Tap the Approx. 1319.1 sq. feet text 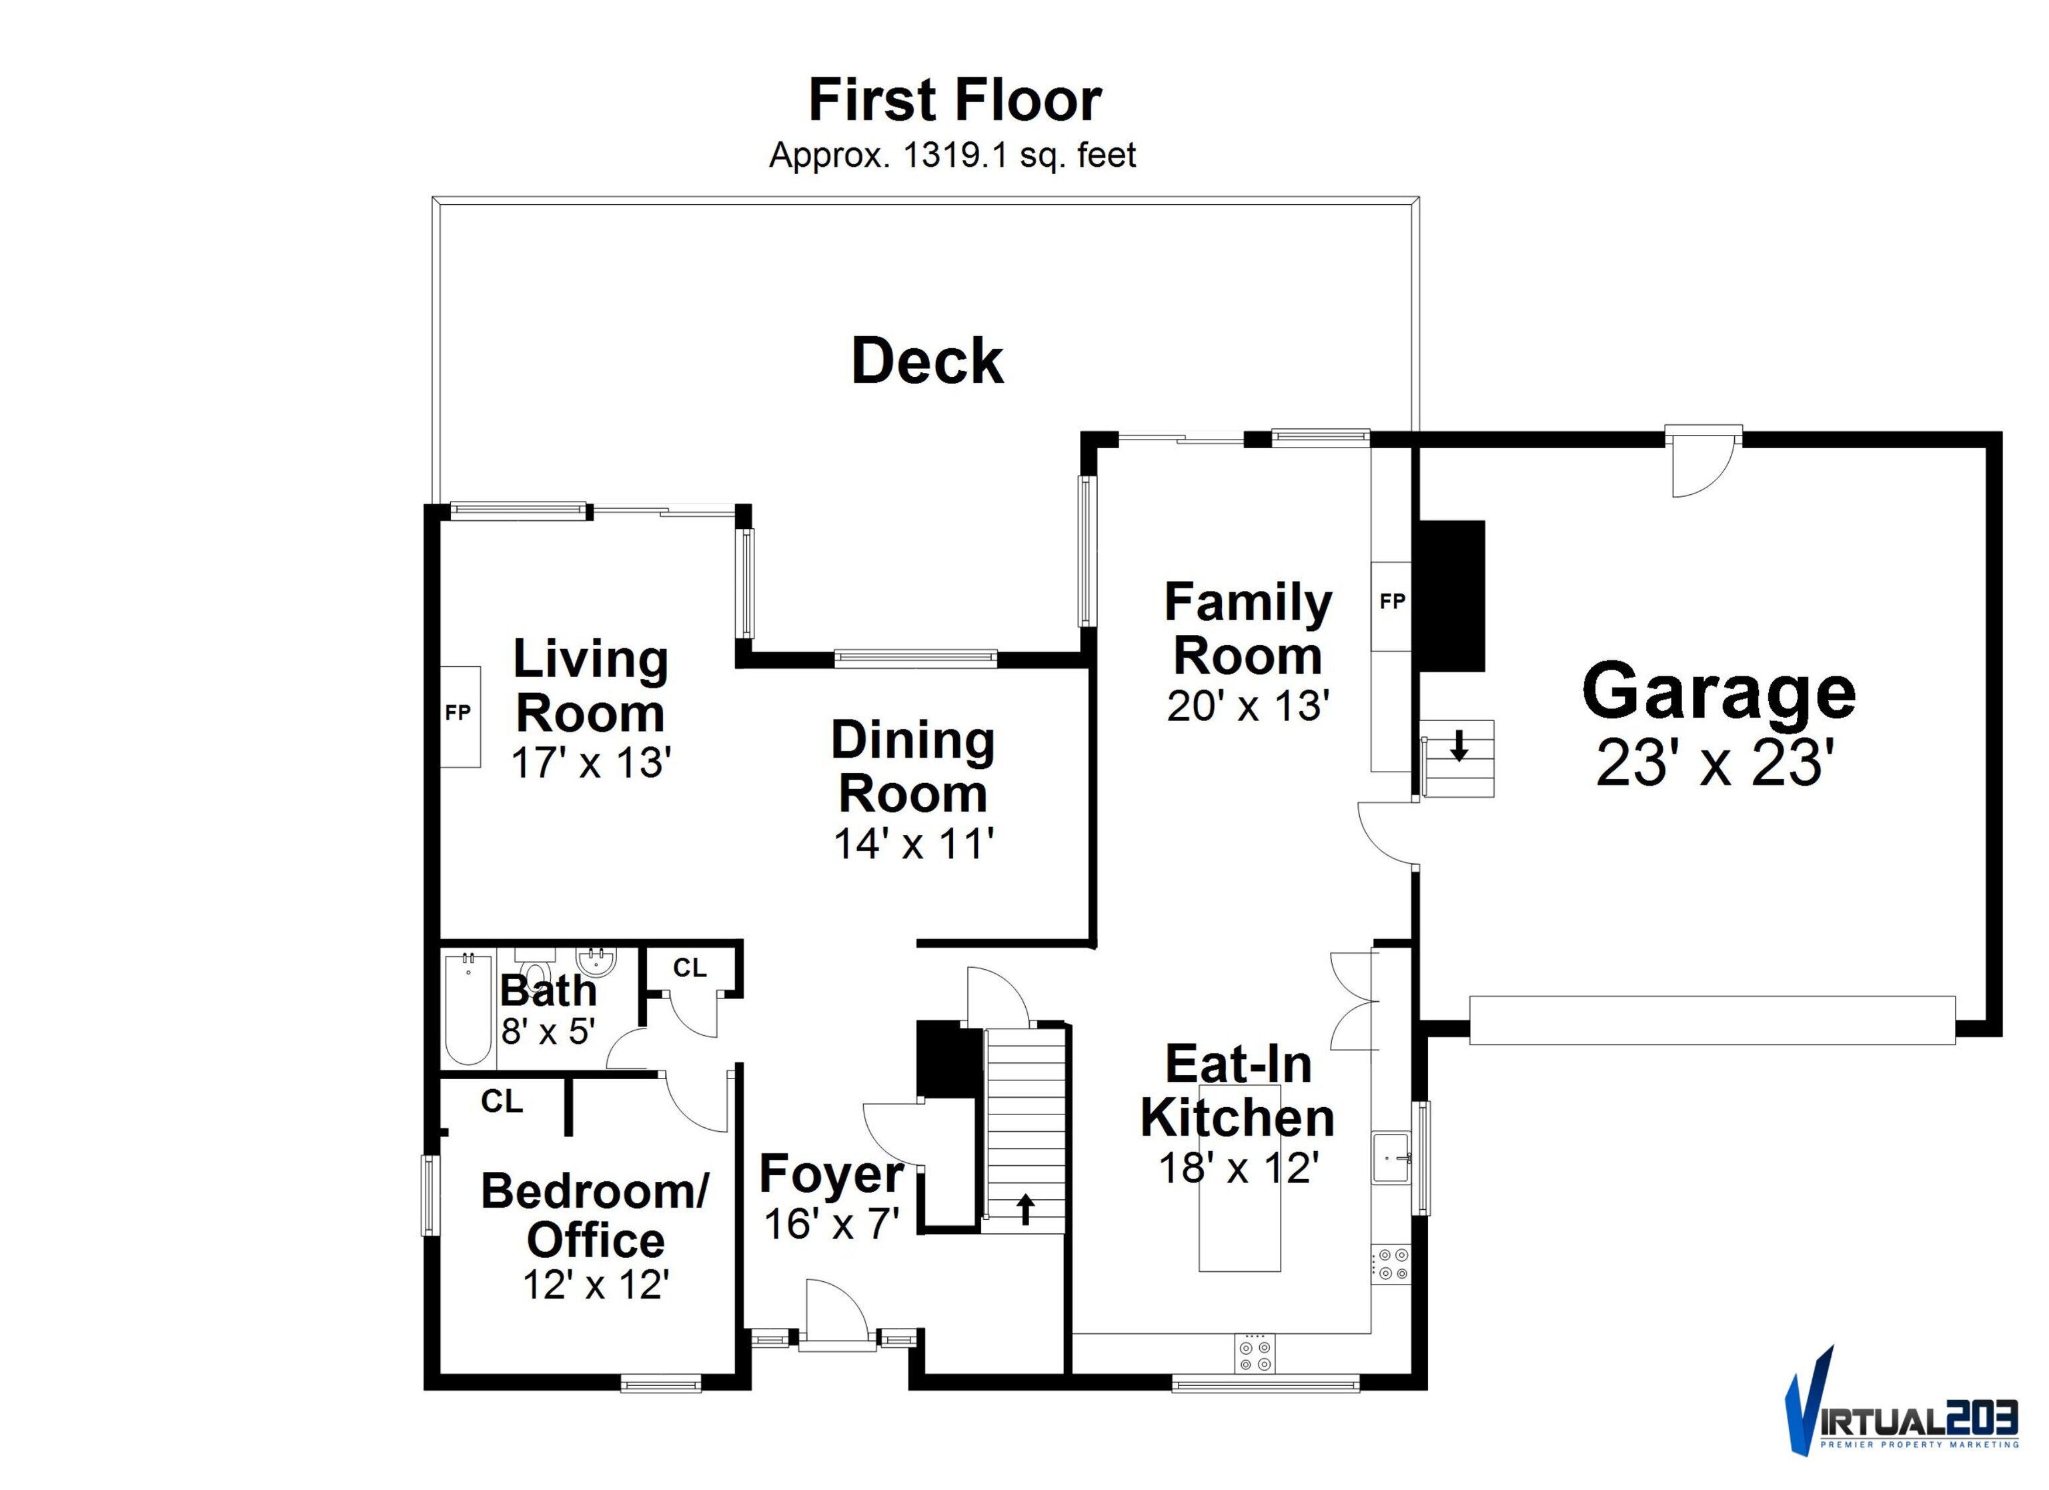(x=952, y=156)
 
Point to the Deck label (x=927, y=361)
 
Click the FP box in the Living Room (x=460, y=716)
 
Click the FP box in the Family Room (x=1391, y=606)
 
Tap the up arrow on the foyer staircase (x=1025, y=1209)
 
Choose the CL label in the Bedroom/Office (x=502, y=1101)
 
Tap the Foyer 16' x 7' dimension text (x=832, y=1223)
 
